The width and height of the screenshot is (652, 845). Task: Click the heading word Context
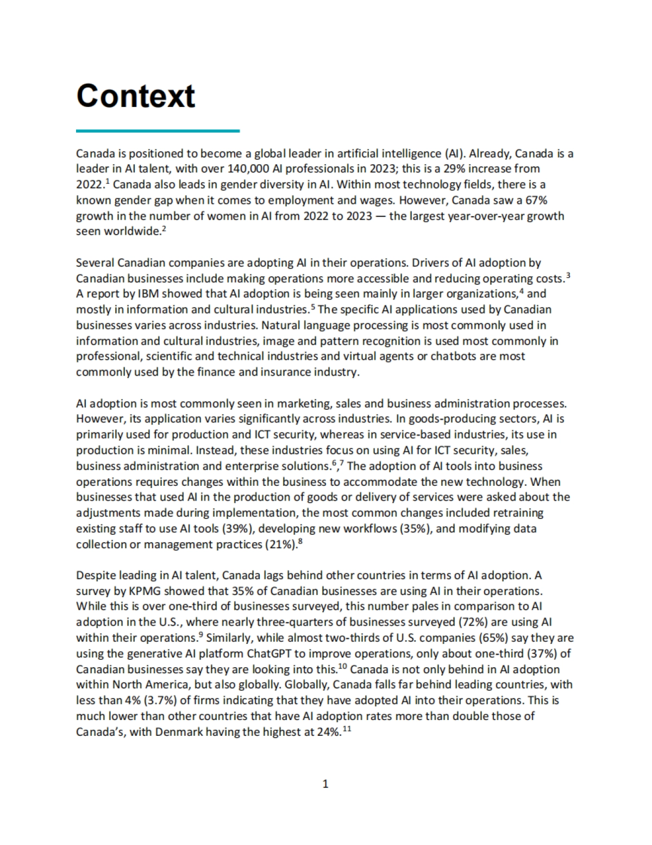pos(135,96)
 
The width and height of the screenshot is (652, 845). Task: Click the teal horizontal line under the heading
pos(158,130)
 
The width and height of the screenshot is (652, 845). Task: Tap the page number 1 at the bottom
pos(325,784)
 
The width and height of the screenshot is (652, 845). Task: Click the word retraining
pos(518,513)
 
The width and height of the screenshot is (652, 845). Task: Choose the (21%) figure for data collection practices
pos(281,544)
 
